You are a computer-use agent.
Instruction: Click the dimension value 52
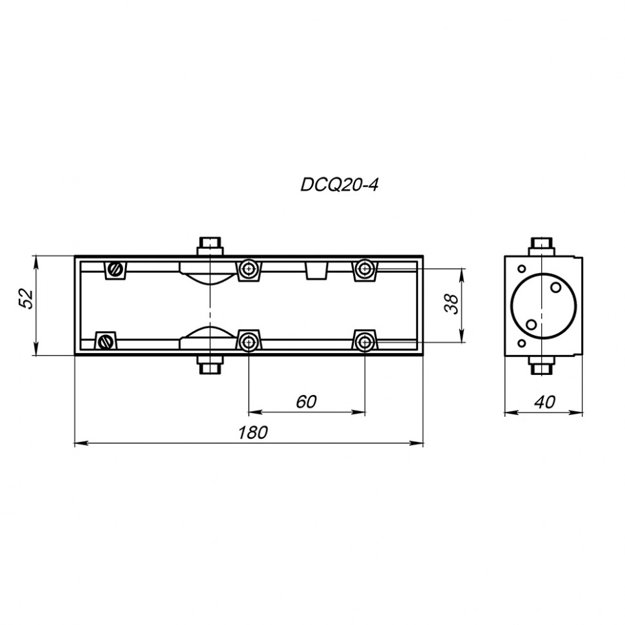(26, 298)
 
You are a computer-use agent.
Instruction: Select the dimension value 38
(452, 303)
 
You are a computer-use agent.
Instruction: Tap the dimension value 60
(307, 401)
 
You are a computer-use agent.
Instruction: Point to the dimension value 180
(253, 432)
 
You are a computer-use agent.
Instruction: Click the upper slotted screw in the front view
(117, 269)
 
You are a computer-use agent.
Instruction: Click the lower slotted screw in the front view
(106, 340)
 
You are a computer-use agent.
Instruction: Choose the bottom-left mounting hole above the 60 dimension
(249, 341)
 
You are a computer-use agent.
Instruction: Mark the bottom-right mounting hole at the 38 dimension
(365, 341)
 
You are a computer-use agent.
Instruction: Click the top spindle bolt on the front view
(211, 245)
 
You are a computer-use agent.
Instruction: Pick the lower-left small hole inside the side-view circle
(531, 324)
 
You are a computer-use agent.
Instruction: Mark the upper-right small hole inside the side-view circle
(555, 287)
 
